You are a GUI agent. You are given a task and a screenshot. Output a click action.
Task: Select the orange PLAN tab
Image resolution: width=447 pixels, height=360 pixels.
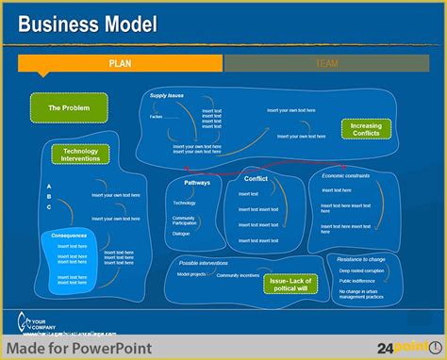(x=120, y=63)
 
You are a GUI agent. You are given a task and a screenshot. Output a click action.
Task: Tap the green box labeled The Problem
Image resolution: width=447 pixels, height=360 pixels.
(x=69, y=108)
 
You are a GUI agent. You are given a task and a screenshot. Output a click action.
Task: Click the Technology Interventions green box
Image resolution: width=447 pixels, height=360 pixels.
(x=80, y=155)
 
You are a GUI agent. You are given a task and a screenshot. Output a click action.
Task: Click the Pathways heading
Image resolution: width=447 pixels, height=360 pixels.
(x=197, y=182)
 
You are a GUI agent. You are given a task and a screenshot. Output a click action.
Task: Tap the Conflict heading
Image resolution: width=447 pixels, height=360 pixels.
(x=256, y=178)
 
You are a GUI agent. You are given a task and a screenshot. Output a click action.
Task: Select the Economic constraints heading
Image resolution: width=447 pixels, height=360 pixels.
(x=346, y=175)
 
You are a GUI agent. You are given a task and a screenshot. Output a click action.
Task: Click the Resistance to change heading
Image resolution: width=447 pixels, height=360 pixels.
(x=361, y=258)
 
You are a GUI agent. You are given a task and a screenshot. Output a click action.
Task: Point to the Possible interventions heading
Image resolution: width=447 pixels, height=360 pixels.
(x=203, y=263)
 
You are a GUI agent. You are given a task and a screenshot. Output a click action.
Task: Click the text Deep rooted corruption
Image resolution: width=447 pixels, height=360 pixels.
(x=361, y=270)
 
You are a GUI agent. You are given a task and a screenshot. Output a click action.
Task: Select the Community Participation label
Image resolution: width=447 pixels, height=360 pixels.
(x=184, y=220)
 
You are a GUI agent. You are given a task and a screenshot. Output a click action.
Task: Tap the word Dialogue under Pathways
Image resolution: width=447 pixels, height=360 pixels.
(x=181, y=233)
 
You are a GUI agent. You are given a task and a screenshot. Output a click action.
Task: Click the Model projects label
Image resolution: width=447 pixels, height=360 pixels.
(x=191, y=274)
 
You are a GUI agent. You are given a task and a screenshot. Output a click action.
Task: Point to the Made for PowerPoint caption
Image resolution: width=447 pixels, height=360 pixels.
(x=75, y=346)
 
